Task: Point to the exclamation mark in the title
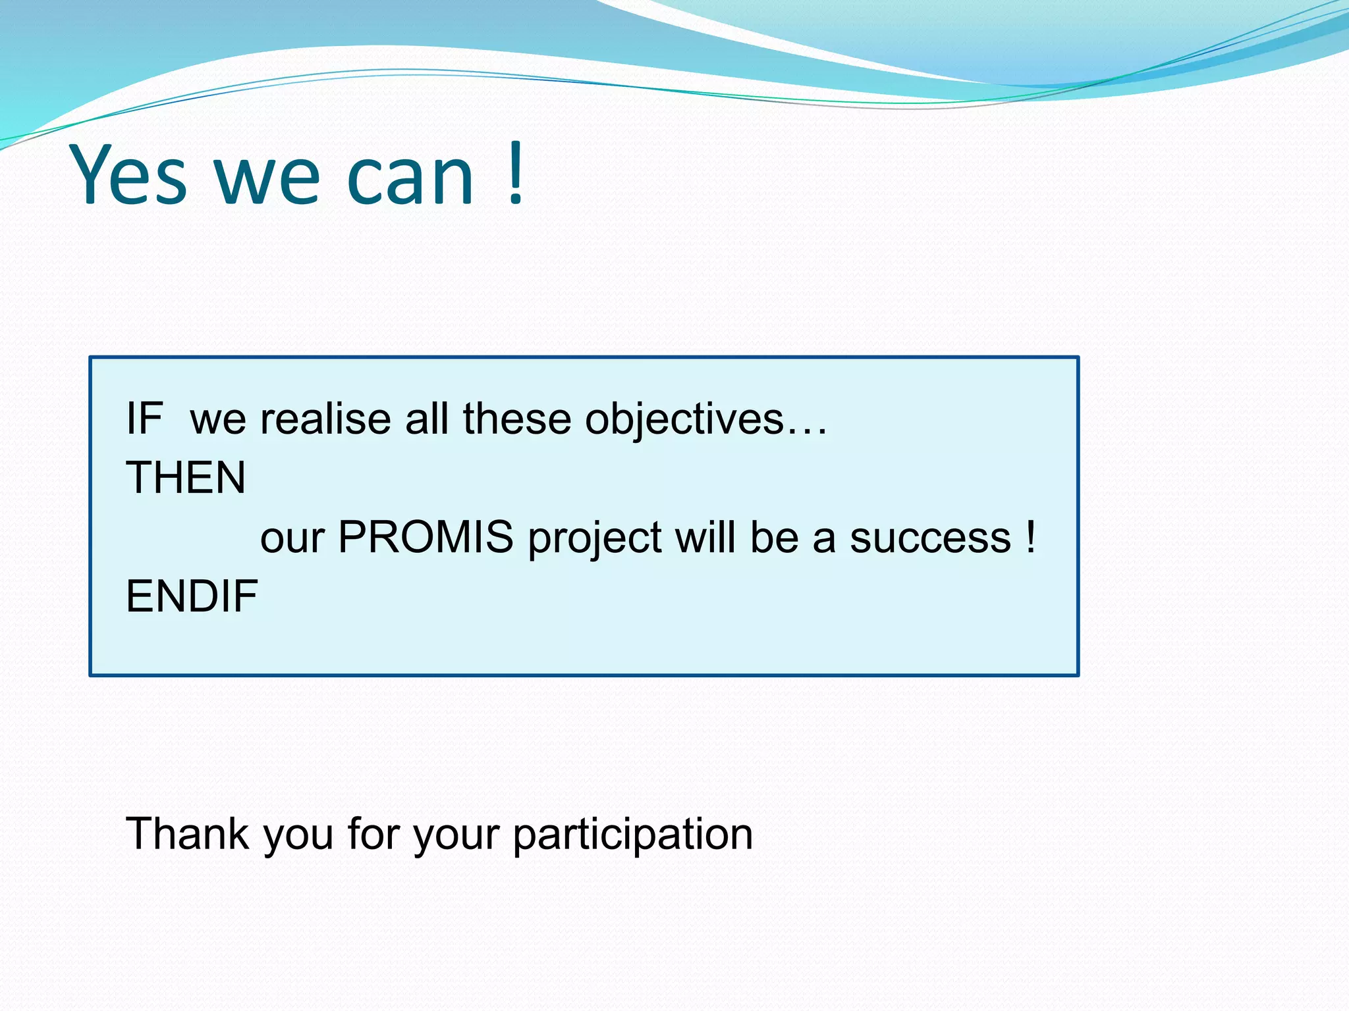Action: tap(516, 173)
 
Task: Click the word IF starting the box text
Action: tap(144, 419)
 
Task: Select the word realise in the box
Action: tap(325, 419)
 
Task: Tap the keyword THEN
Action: tap(186, 478)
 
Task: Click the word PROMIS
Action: tap(426, 537)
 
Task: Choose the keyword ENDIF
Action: tap(192, 596)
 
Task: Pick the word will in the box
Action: tap(705, 537)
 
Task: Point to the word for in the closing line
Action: tap(374, 833)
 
